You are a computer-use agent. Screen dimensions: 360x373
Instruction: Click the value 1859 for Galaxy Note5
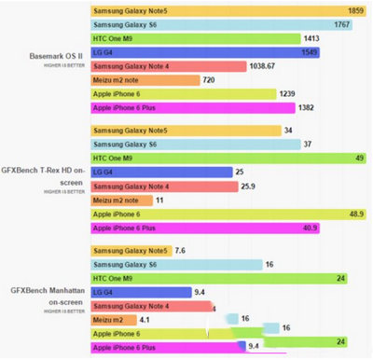pyautogui.click(x=354, y=8)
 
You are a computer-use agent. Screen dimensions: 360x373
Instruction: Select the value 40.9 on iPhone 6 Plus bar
pyautogui.click(x=308, y=228)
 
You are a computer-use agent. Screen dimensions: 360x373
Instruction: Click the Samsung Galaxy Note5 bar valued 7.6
pyautogui.click(x=131, y=251)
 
